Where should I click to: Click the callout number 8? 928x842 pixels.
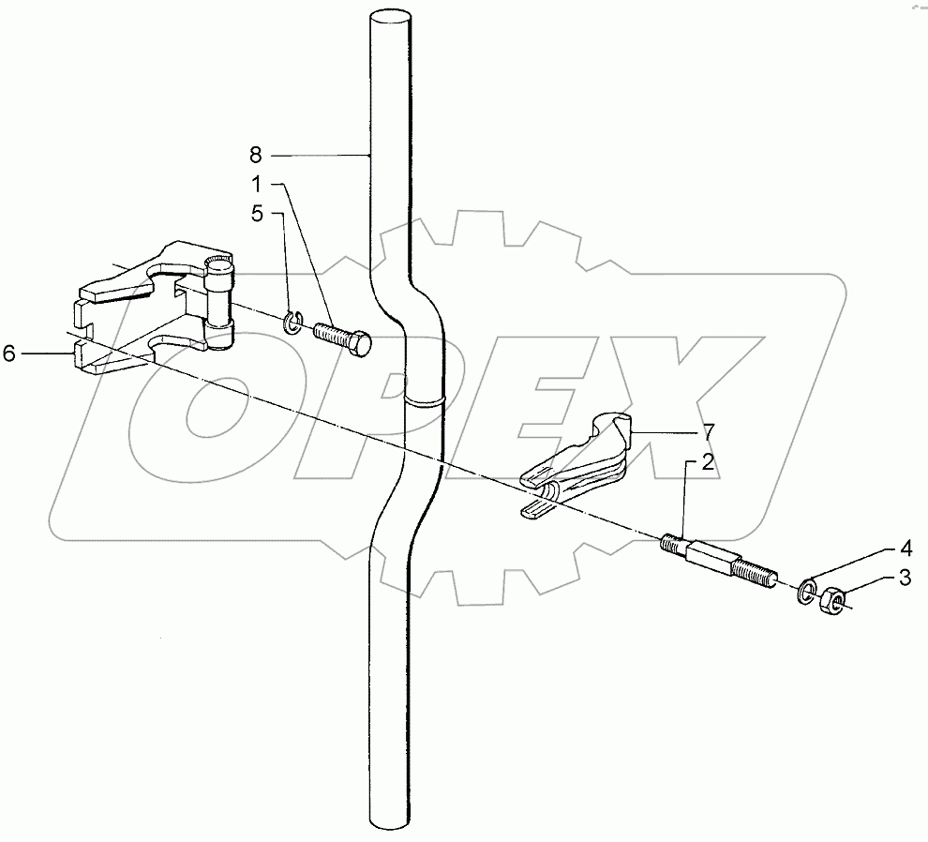click(255, 154)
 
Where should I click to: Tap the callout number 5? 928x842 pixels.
click(255, 213)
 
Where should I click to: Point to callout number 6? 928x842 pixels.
click(9, 353)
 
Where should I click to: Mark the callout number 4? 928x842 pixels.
click(906, 547)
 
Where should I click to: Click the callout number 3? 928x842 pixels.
click(906, 579)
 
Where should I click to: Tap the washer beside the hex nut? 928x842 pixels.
click(806, 593)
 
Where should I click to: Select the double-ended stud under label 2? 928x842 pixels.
click(718, 561)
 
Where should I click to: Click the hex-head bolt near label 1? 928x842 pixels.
click(343, 338)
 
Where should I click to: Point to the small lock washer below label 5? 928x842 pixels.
click(292, 323)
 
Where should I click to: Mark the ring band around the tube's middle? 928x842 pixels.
click(426, 401)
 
